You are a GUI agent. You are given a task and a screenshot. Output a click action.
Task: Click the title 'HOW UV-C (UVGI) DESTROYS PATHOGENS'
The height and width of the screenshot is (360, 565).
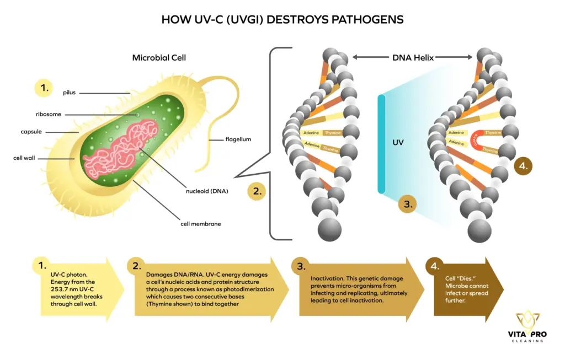pos(282,19)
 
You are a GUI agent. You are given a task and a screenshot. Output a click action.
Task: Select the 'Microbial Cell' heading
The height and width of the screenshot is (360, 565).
pos(159,57)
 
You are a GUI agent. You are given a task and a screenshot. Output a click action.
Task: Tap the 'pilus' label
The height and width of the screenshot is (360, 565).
pos(69,93)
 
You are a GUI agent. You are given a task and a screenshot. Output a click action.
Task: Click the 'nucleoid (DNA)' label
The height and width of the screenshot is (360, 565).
pos(207,191)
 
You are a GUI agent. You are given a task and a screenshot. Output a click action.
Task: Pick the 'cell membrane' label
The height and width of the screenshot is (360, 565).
pos(201,224)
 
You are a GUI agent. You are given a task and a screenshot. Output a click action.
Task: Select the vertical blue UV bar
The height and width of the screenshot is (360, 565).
pos(381,143)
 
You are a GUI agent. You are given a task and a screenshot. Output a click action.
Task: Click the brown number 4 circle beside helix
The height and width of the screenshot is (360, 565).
pos(524,164)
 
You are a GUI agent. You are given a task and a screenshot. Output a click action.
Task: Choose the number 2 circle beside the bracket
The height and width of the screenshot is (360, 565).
pos(256,192)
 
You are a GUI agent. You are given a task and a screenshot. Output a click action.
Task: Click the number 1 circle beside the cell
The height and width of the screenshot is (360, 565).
pos(43,87)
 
